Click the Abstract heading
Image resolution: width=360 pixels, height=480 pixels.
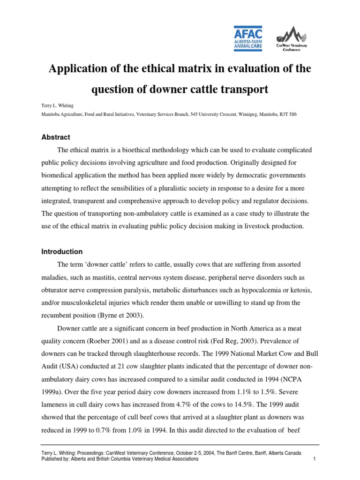coord(55,137)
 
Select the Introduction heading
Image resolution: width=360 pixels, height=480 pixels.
coord(62,252)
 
